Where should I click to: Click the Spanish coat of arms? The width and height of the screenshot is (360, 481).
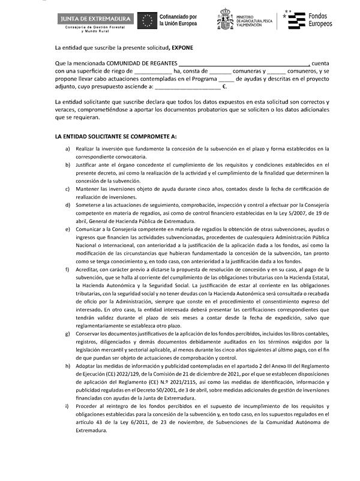click(x=226, y=20)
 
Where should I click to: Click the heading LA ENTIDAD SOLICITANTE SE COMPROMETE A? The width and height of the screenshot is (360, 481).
click(x=115, y=137)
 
